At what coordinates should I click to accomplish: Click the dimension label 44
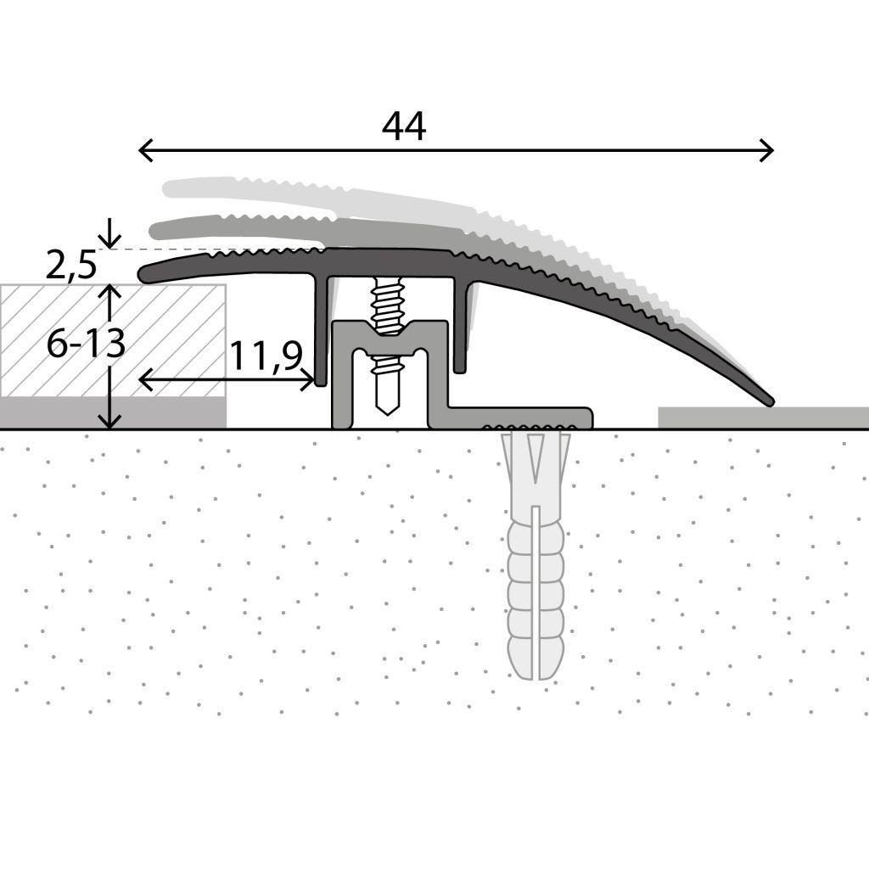(404, 126)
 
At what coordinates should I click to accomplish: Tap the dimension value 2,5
(71, 265)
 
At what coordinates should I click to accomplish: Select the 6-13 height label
(86, 344)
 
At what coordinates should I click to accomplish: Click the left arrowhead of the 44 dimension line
(145, 150)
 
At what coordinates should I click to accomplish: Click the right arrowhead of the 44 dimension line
(766, 150)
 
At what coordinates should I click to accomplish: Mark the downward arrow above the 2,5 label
(109, 233)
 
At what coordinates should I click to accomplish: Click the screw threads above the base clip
(387, 306)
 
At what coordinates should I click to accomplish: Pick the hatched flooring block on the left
(113, 341)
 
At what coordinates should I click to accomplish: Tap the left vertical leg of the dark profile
(320, 330)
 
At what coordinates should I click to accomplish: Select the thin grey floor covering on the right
(763, 418)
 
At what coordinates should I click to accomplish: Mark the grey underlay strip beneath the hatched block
(113, 413)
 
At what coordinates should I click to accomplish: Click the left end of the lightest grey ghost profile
(169, 188)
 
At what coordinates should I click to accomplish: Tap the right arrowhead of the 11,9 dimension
(307, 379)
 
